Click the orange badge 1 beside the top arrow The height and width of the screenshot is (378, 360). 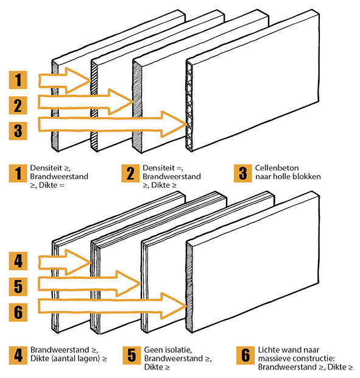(x=18, y=80)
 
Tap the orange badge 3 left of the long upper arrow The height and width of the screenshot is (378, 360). (x=18, y=131)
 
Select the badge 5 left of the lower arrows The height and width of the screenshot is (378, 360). (x=18, y=287)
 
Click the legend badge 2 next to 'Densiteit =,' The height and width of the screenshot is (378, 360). (x=130, y=173)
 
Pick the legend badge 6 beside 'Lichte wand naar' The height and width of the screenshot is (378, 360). (x=245, y=355)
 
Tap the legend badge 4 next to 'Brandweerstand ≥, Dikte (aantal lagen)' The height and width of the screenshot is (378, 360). (x=18, y=355)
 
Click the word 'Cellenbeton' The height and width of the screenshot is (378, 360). (x=277, y=168)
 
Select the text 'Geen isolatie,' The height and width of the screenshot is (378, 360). (x=168, y=350)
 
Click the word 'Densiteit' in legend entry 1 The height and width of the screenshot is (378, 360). (x=44, y=168)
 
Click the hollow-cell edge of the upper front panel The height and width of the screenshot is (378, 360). (x=189, y=105)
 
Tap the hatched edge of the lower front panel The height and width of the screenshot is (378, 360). (x=189, y=288)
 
